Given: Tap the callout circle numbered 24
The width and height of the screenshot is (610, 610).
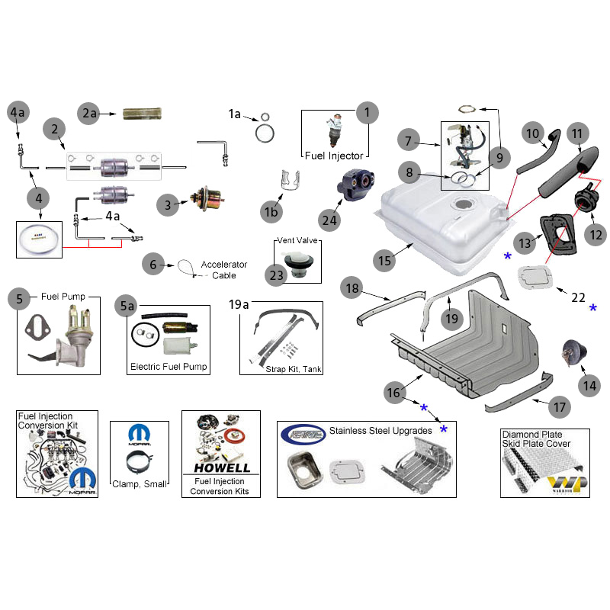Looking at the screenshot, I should pyautogui.click(x=329, y=220).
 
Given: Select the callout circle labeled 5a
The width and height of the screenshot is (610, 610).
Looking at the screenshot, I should pyautogui.click(x=127, y=305).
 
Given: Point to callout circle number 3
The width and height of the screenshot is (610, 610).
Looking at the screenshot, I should pyautogui.click(x=169, y=204).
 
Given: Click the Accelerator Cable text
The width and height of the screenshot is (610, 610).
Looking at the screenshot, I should pyautogui.click(x=224, y=270).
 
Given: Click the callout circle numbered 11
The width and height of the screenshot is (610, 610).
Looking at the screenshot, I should pyautogui.click(x=577, y=134).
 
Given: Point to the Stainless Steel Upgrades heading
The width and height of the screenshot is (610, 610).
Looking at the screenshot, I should pyautogui.click(x=380, y=431).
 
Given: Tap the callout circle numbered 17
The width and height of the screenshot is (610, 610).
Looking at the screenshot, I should pyautogui.click(x=560, y=407).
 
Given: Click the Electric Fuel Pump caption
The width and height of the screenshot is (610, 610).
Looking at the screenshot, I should pyautogui.click(x=169, y=367).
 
